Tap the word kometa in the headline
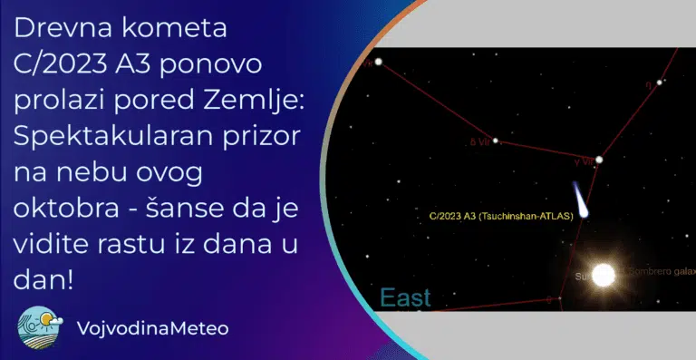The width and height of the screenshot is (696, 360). coord(172,29)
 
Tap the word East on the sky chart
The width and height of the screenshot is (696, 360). coord(405,298)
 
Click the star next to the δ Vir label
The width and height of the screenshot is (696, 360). coord(495,141)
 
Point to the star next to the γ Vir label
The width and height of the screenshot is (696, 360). coord(599,160)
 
